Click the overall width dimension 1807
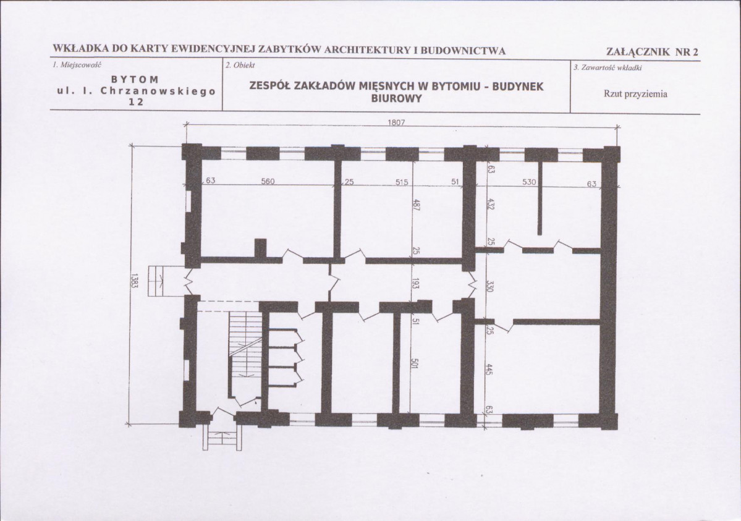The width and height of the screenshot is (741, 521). coord(396,122)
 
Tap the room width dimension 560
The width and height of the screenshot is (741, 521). coord(268,181)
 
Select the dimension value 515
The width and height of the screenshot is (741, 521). coord(402,181)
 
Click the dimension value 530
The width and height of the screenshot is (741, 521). coord(529,181)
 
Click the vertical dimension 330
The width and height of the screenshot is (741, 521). coord(490,286)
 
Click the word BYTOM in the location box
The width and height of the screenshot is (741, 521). coord(135,79)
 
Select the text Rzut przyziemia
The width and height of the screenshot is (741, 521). coord(635,93)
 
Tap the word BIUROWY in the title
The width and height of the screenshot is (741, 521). coord(396,99)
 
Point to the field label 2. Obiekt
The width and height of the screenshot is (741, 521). coord(240,66)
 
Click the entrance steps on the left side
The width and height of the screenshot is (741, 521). coord(158,281)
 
